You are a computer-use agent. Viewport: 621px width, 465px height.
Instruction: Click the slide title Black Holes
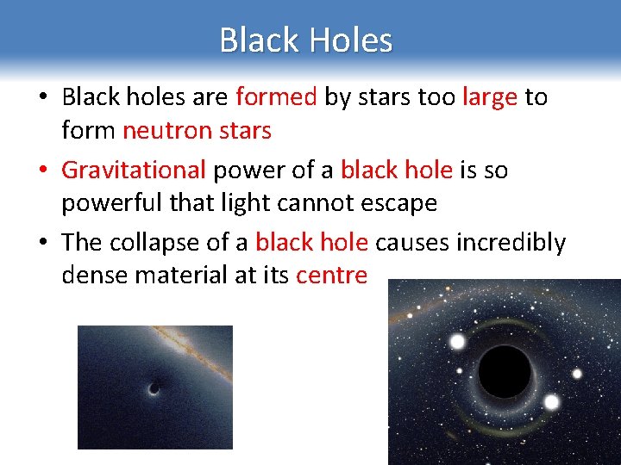(x=305, y=40)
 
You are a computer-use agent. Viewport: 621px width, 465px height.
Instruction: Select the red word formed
(x=276, y=97)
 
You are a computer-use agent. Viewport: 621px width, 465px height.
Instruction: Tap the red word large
(x=490, y=97)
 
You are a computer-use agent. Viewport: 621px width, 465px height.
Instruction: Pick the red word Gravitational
(x=134, y=170)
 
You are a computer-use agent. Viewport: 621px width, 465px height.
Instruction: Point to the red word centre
(x=331, y=276)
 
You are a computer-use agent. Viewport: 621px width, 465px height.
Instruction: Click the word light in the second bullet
(x=289, y=204)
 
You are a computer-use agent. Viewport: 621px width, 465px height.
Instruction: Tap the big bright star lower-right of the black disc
(x=551, y=402)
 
